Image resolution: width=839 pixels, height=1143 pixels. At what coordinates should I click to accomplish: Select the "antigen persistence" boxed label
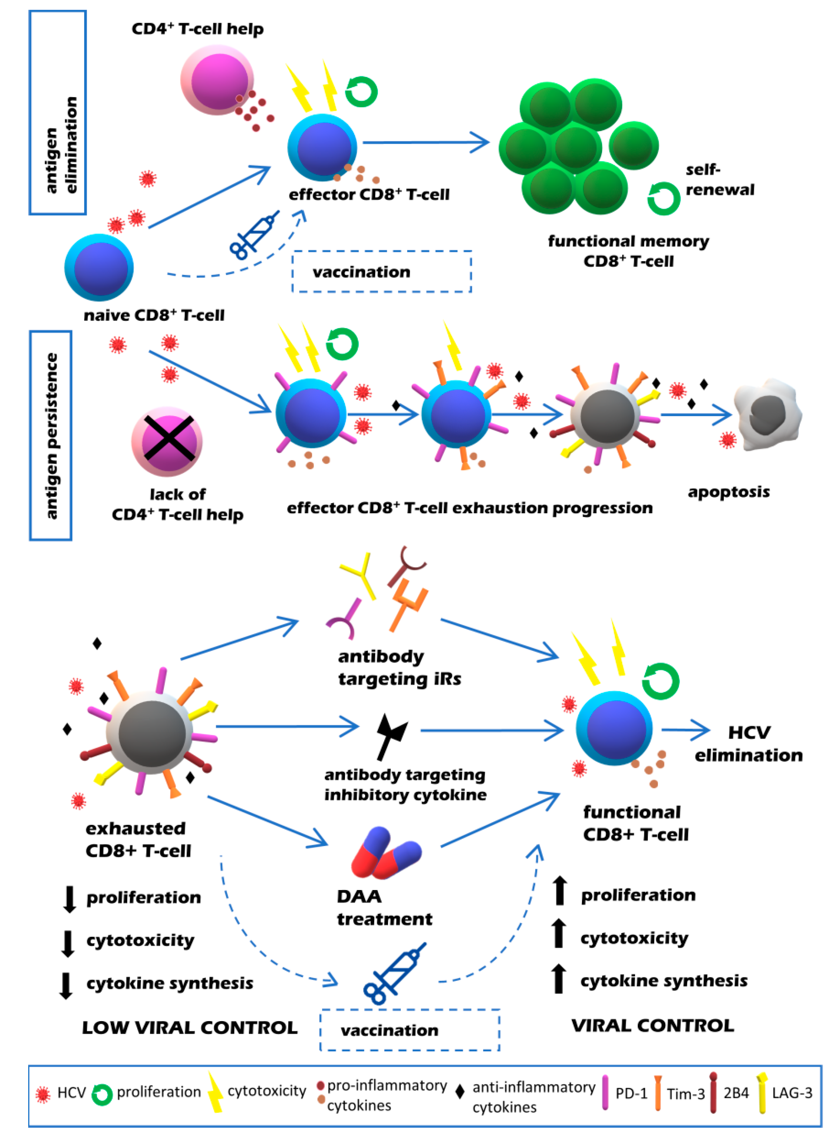(x=50, y=435)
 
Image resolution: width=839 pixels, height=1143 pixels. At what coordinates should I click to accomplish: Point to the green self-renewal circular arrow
(x=663, y=198)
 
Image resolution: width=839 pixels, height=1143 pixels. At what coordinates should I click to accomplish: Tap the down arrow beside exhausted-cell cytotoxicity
(x=67, y=943)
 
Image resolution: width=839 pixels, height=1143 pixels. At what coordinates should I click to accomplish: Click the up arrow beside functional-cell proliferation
(x=560, y=890)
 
